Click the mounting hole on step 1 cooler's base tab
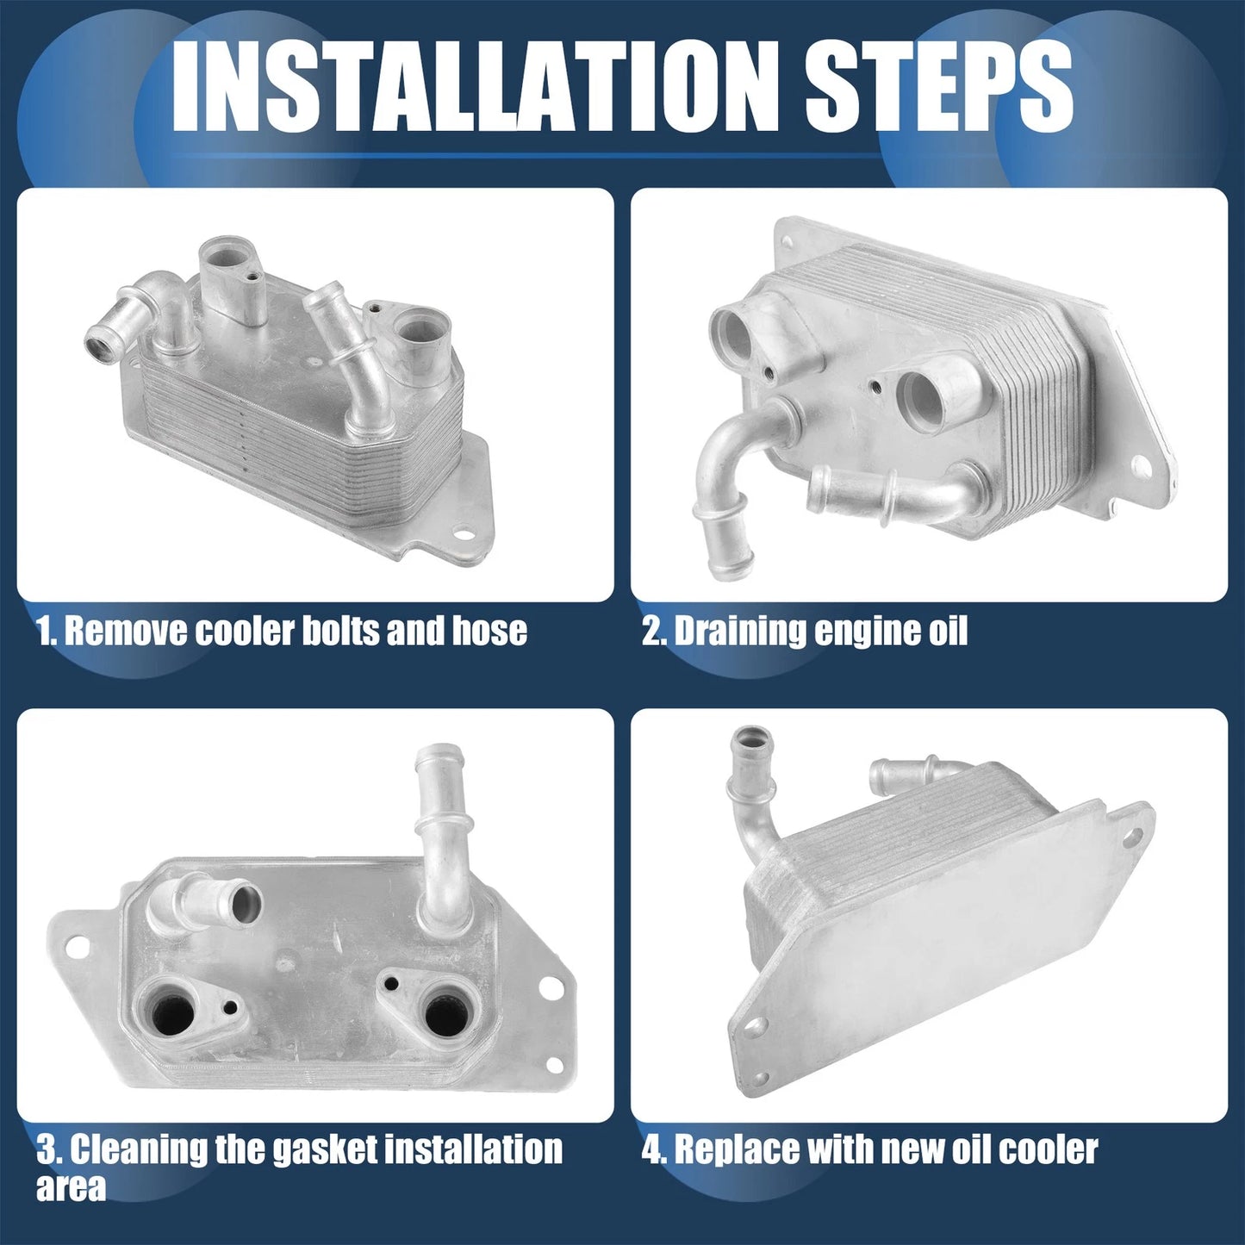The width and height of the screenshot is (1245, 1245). [463, 533]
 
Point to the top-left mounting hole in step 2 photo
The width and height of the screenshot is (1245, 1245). [787, 241]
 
